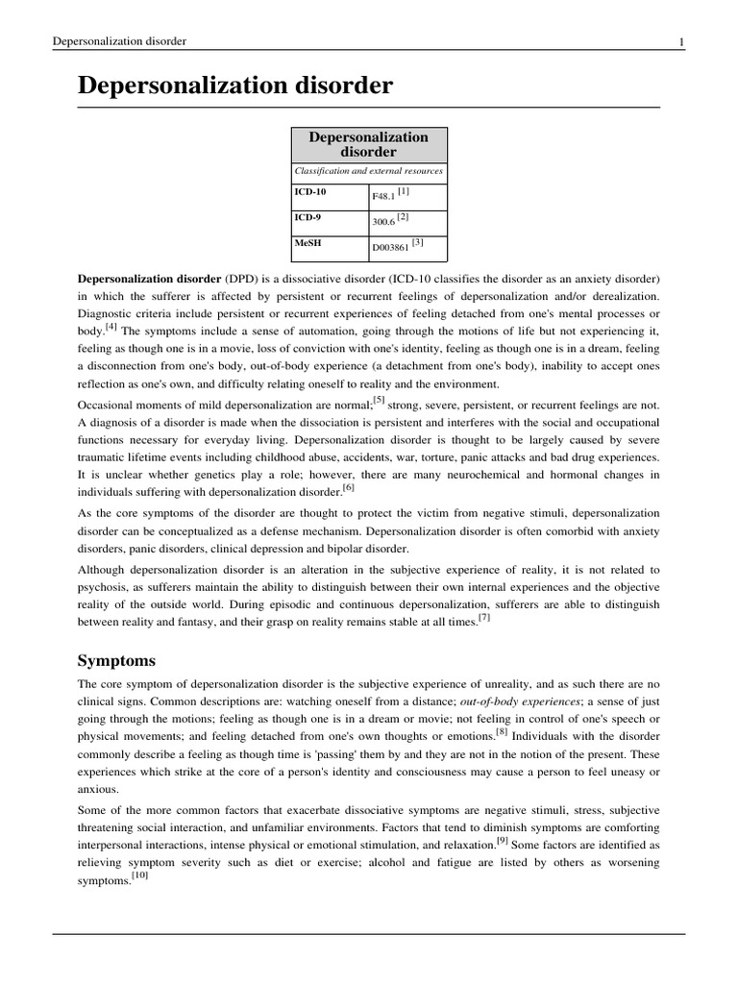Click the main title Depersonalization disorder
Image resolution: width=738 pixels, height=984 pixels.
[234, 86]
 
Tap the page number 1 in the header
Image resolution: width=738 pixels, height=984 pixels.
[680, 41]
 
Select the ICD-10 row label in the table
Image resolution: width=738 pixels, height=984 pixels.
[310, 191]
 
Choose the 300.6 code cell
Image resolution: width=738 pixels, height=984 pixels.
[384, 220]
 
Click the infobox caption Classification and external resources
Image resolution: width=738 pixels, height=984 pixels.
[369, 171]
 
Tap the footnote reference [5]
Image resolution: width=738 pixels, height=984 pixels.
[379, 399]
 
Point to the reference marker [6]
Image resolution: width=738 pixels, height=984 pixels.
[349, 487]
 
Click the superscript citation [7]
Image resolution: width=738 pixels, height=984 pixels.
[483, 618]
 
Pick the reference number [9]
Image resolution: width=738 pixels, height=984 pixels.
[503, 841]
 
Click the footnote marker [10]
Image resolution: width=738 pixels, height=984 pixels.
[138, 876]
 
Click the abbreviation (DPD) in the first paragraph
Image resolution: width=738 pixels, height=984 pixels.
[240, 279]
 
